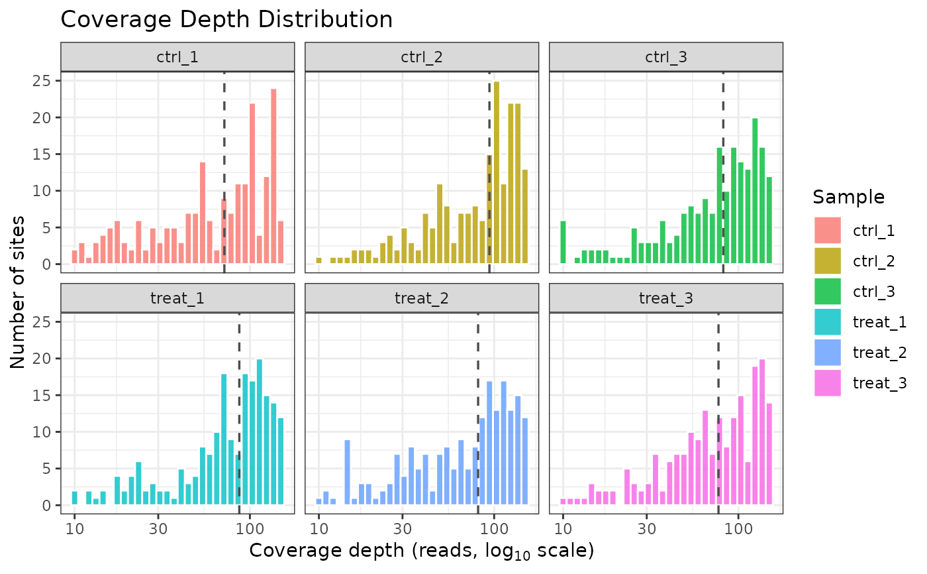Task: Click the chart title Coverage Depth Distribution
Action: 226,19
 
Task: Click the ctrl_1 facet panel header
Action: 177,57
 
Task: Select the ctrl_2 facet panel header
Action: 422,57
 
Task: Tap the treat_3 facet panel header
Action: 666,298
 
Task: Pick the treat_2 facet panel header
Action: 422,298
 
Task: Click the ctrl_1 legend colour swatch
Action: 828,231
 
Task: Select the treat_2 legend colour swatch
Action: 828,353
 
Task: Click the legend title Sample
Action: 849,197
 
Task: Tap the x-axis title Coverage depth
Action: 421,551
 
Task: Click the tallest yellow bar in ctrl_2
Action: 497,173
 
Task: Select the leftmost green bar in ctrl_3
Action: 563,242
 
